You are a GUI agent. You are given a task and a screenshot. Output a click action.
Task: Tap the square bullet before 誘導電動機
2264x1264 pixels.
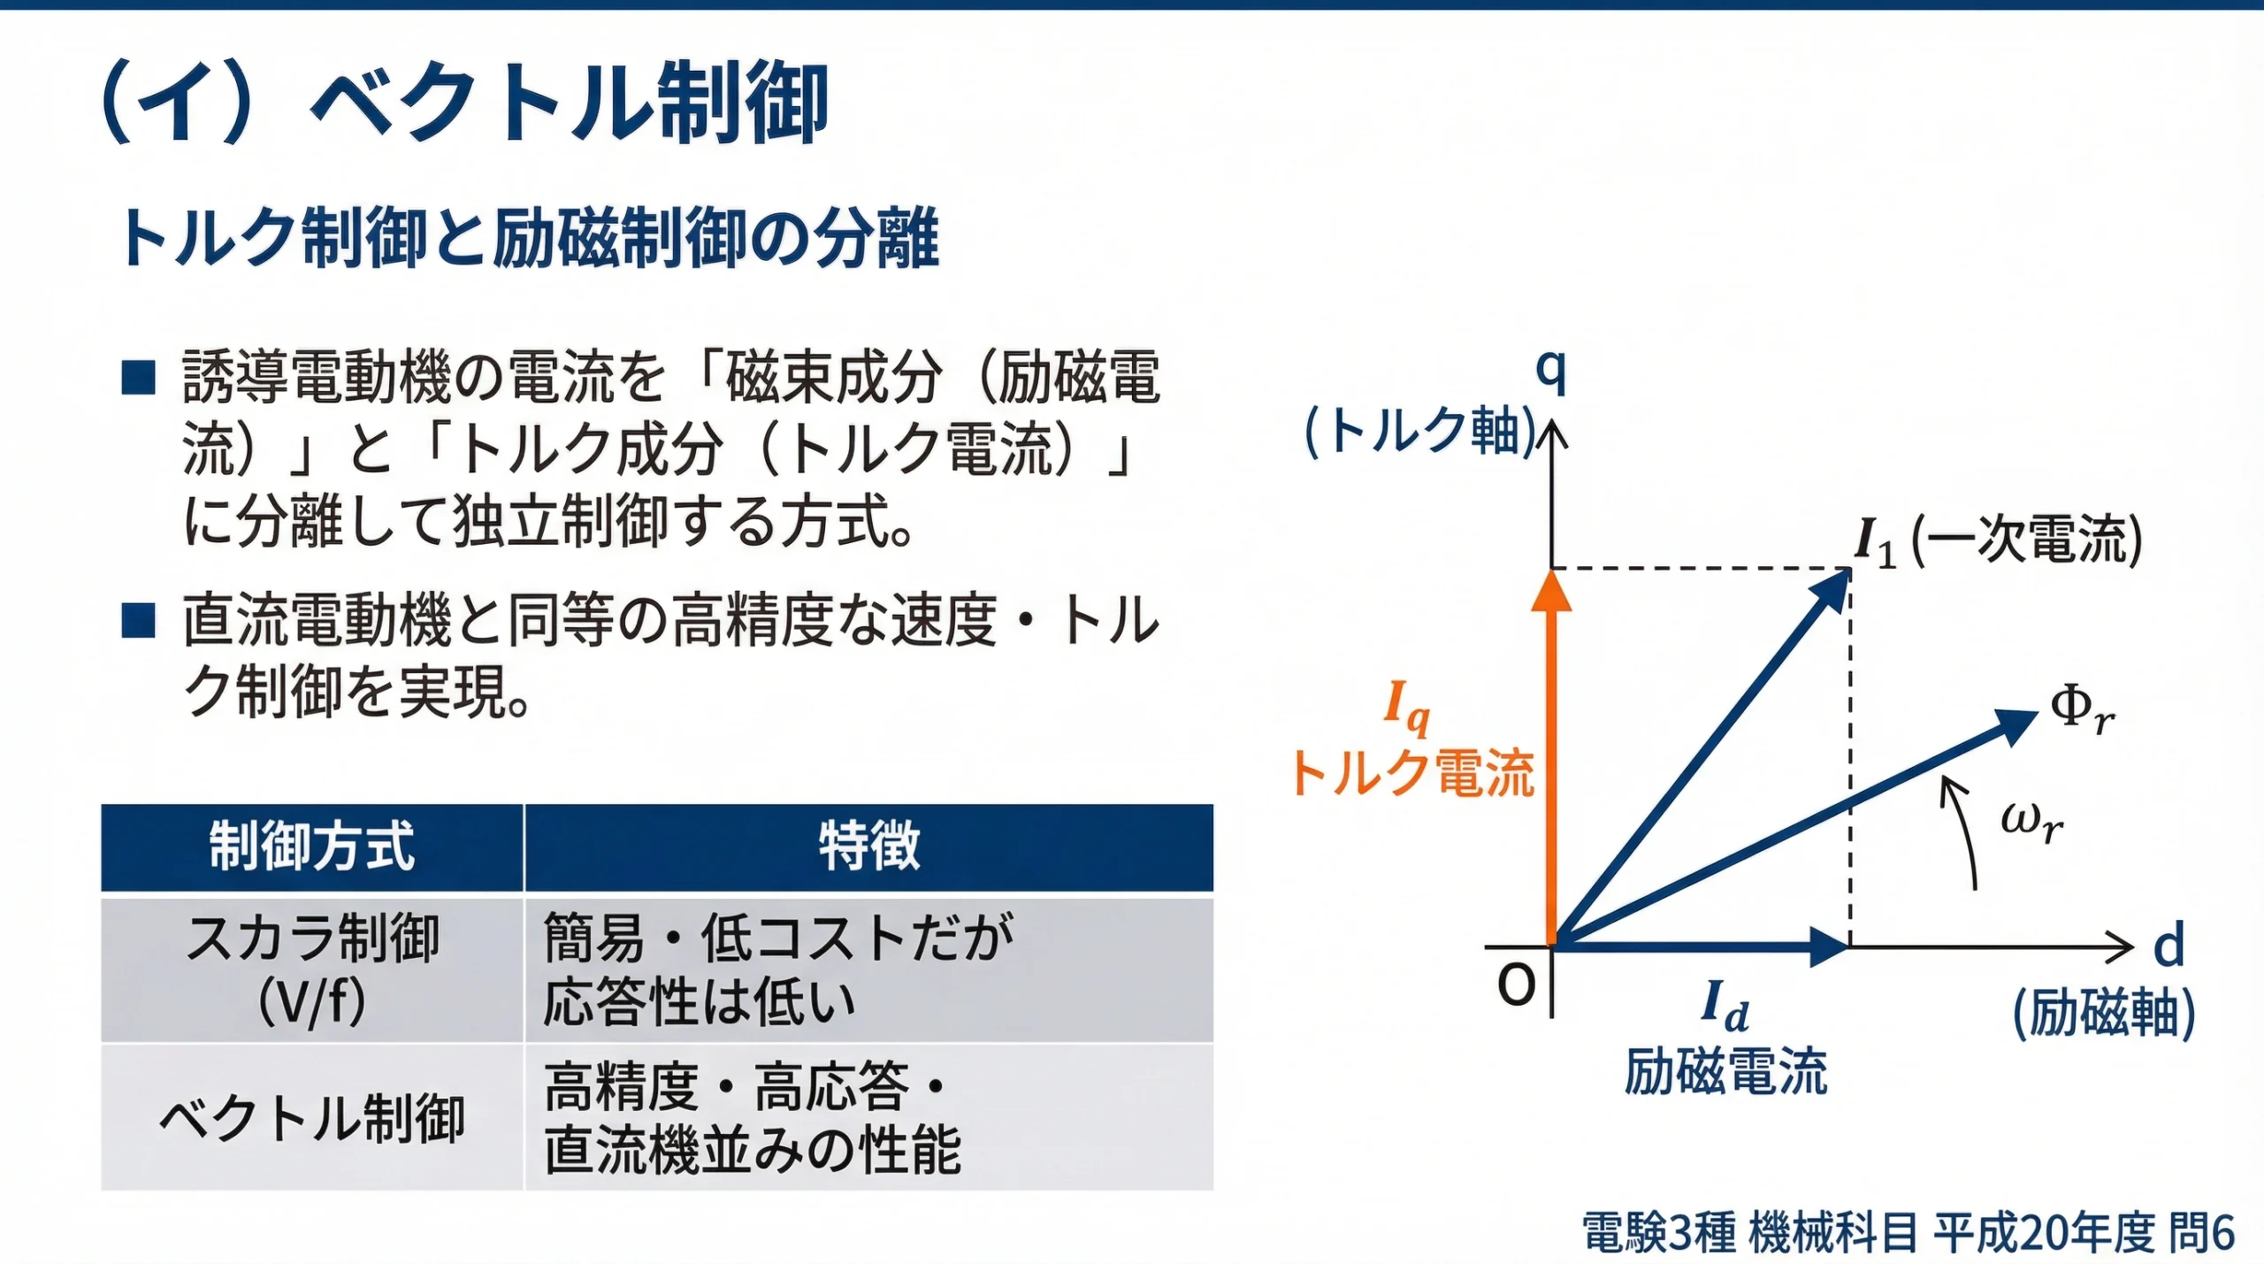pyautogui.click(x=139, y=378)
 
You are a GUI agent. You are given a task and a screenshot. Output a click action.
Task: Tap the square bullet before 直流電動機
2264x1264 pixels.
pyautogui.click(x=139, y=620)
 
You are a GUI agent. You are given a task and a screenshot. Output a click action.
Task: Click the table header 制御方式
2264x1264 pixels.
pyautogui.click(x=311, y=846)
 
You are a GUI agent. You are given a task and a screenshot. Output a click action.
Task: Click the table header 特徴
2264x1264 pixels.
pyautogui.click(x=868, y=846)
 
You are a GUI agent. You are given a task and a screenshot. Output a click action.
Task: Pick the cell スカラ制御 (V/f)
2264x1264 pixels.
pyautogui.click(x=311, y=970)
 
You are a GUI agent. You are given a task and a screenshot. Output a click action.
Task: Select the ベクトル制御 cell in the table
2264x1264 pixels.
pyautogui.click(x=311, y=1118)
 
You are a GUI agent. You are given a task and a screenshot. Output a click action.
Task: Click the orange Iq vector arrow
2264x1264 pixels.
pyautogui.click(x=1551, y=761)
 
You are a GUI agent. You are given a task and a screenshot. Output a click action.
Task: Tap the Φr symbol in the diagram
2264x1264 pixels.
pyautogui.click(x=2081, y=710)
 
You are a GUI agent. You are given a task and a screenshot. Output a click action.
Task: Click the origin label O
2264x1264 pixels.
pyautogui.click(x=1516, y=984)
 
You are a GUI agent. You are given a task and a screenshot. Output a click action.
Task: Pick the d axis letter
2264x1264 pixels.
pyautogui.click(x=2168, y=946)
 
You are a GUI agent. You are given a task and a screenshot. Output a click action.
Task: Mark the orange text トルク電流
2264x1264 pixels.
pyautogui.click(x=1412, y=773)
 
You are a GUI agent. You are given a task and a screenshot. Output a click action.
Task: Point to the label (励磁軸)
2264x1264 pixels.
pyautogui.click(x=2103, y=1013)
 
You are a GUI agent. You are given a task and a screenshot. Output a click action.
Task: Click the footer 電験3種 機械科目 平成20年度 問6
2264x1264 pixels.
pyautogui.click(x=1908, y=1232)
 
